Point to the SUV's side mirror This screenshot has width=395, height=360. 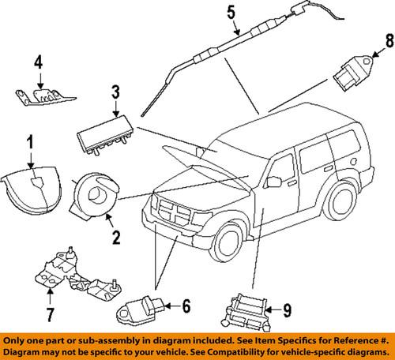coord(274,182)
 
